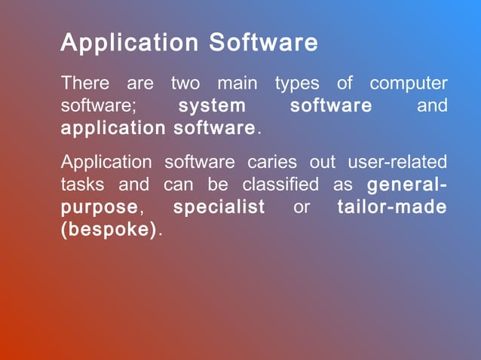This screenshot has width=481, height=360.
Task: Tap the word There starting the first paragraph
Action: click(84, 84)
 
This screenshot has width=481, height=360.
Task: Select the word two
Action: click(185, 84)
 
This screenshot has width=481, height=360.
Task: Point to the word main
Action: click(237, 84)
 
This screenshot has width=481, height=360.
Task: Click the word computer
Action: click(408, 84)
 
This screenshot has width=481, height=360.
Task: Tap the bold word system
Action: click(212, 106)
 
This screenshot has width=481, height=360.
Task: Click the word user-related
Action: click(397, 162)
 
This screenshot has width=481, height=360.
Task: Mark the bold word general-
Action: click(406, 185)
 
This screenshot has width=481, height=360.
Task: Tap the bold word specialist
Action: click(219, 207)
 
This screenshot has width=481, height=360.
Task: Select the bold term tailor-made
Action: click(392, 207)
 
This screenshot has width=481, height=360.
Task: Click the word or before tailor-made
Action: click(302, 207)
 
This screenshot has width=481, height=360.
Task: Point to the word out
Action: click(323, 162)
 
